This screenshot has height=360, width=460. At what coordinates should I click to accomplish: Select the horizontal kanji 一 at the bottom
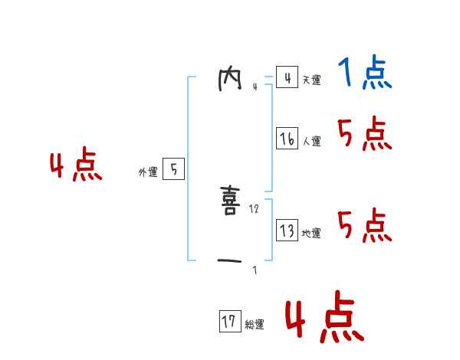(229, 261)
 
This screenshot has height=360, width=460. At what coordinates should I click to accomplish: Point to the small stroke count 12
(255, 209)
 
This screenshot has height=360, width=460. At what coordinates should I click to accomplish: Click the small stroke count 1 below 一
(255, 270)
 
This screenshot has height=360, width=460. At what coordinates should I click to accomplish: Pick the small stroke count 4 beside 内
(255, 87)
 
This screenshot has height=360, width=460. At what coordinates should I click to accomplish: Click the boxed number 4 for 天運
(287, 77)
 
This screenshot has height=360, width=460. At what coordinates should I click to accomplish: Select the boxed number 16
(287, 139)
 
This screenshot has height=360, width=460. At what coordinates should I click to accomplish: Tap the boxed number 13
(287, 231)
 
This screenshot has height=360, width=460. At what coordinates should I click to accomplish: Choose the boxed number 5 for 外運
(173, 169)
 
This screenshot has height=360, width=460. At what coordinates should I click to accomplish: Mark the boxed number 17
(229, 322)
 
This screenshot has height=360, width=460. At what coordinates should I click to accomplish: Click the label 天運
(311, 80)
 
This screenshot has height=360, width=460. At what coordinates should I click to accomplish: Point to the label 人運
(311, 142)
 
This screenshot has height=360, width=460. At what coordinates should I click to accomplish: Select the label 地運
(311, 234)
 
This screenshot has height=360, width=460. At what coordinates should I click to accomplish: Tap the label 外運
(148, 172)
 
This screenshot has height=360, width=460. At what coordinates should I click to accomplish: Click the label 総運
(255, 325)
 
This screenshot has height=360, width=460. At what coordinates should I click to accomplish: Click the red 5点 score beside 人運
(364, 135)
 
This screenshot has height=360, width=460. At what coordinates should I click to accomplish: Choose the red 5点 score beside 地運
(364, 225)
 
